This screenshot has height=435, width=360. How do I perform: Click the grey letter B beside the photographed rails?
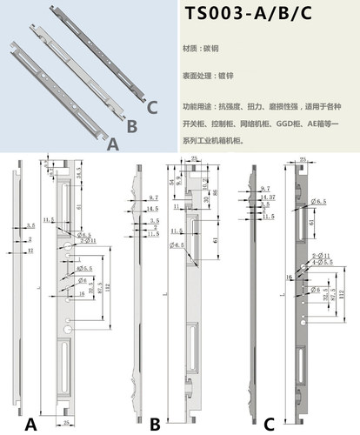(132, 126)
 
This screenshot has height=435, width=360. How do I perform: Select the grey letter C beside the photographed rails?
(152, 108)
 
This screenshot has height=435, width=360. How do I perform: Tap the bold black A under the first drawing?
(31, 425)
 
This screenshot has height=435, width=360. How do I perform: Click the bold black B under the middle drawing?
(154, 425)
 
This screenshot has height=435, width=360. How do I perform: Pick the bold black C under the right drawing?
(270, 425)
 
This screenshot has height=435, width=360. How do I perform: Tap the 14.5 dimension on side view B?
(153, 209)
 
